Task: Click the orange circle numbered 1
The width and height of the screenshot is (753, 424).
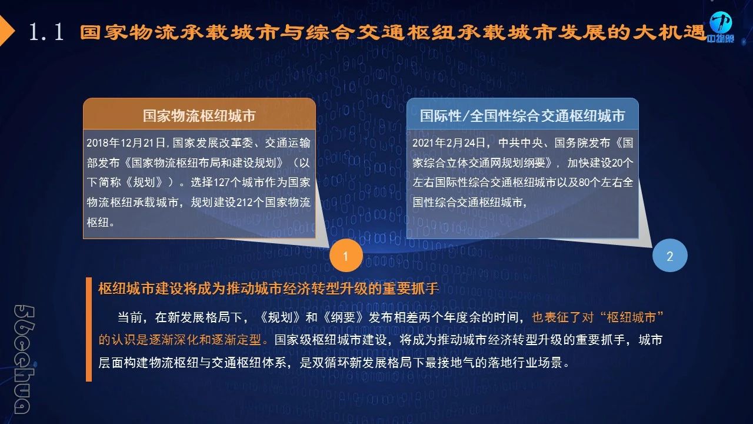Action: [x=346, y=256]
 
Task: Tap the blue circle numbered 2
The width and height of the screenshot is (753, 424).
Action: [x=669, y=256]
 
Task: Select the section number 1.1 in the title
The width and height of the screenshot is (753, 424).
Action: [x=46, y=32]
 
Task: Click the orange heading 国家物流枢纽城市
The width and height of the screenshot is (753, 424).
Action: [x=199, y=116]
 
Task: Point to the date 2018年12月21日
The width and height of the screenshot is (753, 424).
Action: [x=126, y=143]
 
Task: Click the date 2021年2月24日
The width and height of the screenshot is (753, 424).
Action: [x=448, y=143]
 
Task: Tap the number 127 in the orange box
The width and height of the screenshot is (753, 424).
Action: [x=222, y=183]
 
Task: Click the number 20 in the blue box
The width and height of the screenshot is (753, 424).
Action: [x=617, y=163]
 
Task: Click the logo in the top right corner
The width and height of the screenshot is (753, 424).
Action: [x=721, y=27]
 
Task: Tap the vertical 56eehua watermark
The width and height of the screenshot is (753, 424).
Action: [x=24, y=359]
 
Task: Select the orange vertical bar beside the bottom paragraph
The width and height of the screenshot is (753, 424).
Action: [x=89, y=329]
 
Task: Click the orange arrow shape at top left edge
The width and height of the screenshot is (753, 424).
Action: [x=6, y=31]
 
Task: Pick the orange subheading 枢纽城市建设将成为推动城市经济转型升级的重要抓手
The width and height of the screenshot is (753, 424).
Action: [x=268, y=289]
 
